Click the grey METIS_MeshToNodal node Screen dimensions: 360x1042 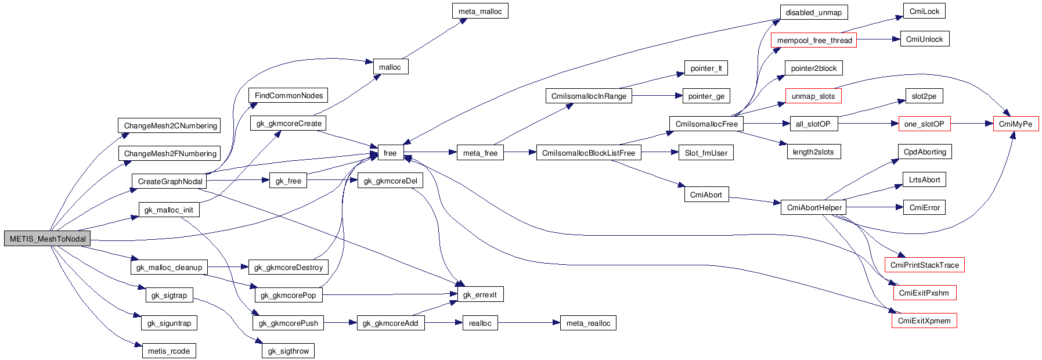click(x=48, y=239)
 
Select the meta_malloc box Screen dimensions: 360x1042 click(x=480, y=11)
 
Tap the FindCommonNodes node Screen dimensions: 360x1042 click(x=289, y=95)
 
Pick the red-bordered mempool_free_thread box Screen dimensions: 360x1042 click(x=814, y=40)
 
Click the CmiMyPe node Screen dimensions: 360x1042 click(x=1015, y=124)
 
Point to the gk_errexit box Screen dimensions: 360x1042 click(x=479, y=294)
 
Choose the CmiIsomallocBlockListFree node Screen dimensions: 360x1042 click(x=588, y=153)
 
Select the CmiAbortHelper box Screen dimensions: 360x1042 click(x=814, y=207)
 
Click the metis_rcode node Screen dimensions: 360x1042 click(x=169, y=351)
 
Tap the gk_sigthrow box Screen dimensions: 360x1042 click(x=289, y=351)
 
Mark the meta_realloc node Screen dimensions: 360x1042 click(x=588, y=323)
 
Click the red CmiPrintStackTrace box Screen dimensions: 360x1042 click(x=924, y=265)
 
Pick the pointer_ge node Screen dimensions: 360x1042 click(x=706, y=96)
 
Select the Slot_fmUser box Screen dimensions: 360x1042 click(x=706, y=153)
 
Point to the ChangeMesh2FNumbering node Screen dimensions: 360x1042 click(x=170, y=153)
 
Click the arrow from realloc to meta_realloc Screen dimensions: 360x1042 click(x=528, y=323)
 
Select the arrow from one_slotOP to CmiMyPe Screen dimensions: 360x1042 click(x=972, y=124)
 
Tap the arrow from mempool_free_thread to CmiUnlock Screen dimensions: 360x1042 click(x=878, y=39)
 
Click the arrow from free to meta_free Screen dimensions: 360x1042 click(x=430, y=153)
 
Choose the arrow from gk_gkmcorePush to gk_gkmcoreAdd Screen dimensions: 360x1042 click(x=340, y=323)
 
